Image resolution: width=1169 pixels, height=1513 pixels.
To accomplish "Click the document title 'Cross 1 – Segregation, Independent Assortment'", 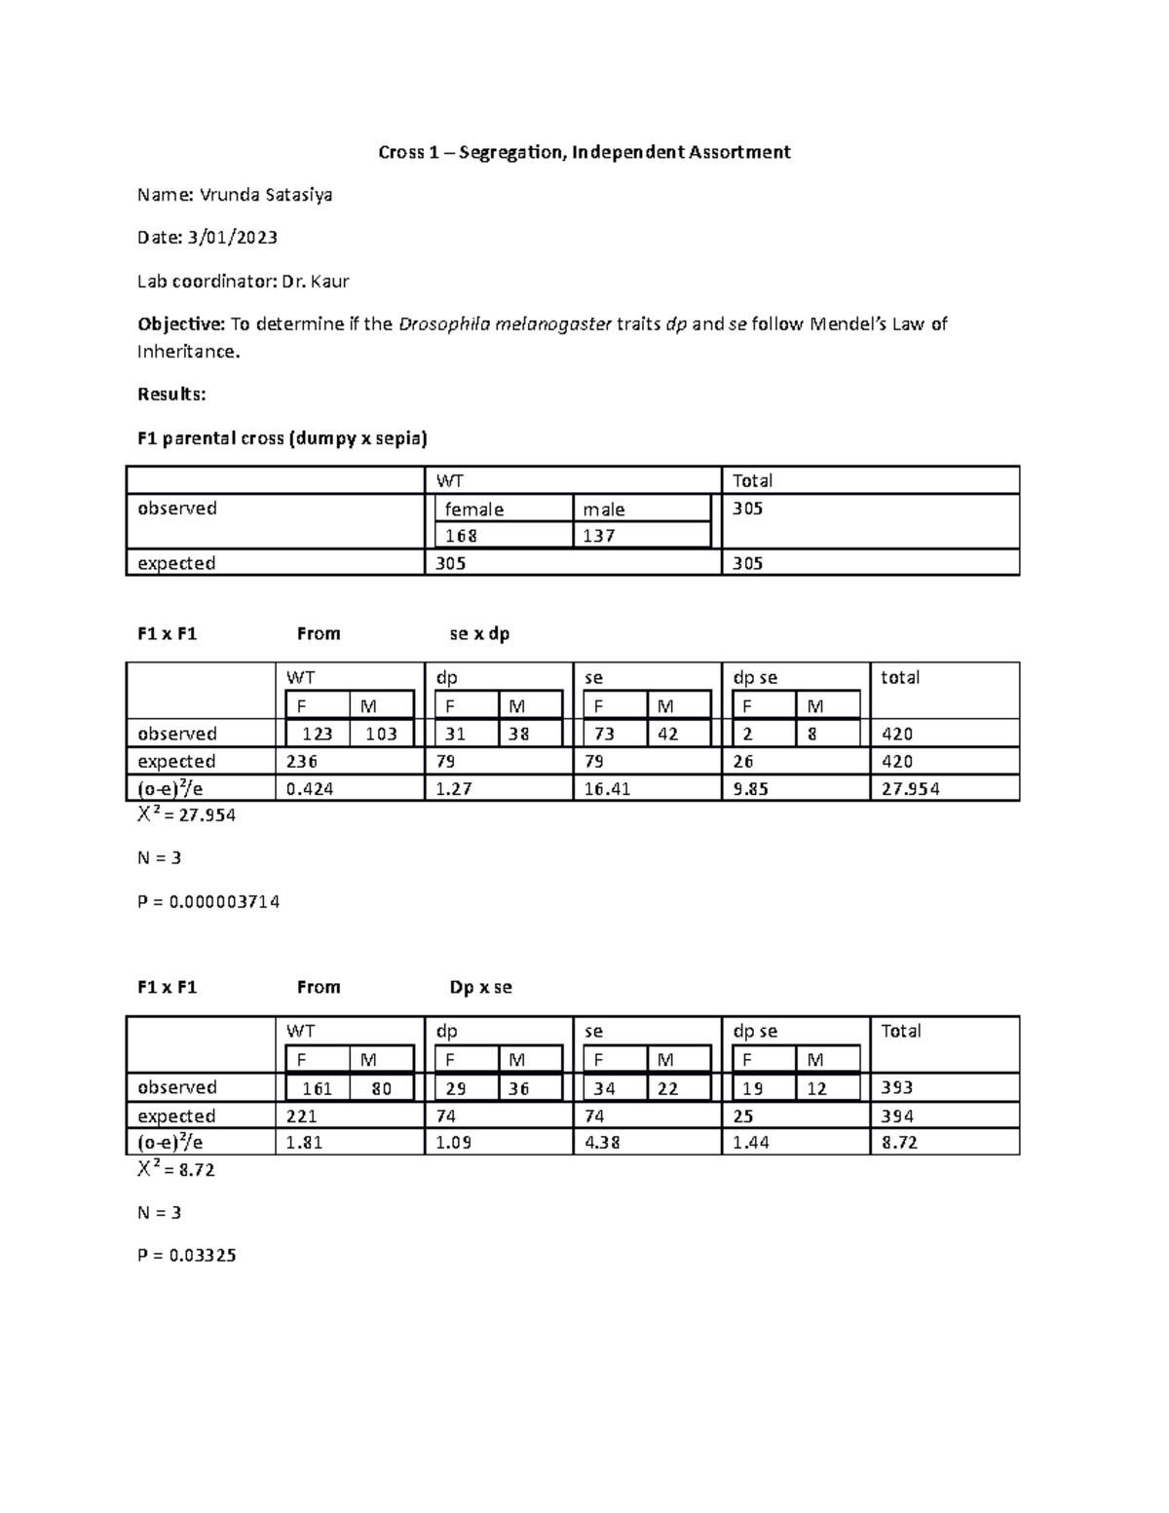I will coord(584,152).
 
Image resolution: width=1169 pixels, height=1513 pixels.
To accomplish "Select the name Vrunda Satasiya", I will coord(266,195).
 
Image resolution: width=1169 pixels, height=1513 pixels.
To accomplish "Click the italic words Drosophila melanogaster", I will coord(505,324).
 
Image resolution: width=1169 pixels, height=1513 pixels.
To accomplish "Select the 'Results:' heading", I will coord(171,395).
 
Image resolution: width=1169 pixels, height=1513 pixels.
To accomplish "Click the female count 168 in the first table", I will coord(461,536).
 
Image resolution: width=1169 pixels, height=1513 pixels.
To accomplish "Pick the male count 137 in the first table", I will coord(599,536).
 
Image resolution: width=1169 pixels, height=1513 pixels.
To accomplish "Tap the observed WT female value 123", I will coord(317,735).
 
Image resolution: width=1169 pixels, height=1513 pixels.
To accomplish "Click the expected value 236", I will coord(302,762).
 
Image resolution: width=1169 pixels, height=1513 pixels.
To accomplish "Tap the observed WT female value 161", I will coord(317,1089).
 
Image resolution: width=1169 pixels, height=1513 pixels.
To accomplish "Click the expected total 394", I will coord(897,1116).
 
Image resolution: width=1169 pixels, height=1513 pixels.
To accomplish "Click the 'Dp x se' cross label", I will coord(480,988).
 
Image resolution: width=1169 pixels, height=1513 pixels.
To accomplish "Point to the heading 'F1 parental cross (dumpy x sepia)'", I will coord(283,438).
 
